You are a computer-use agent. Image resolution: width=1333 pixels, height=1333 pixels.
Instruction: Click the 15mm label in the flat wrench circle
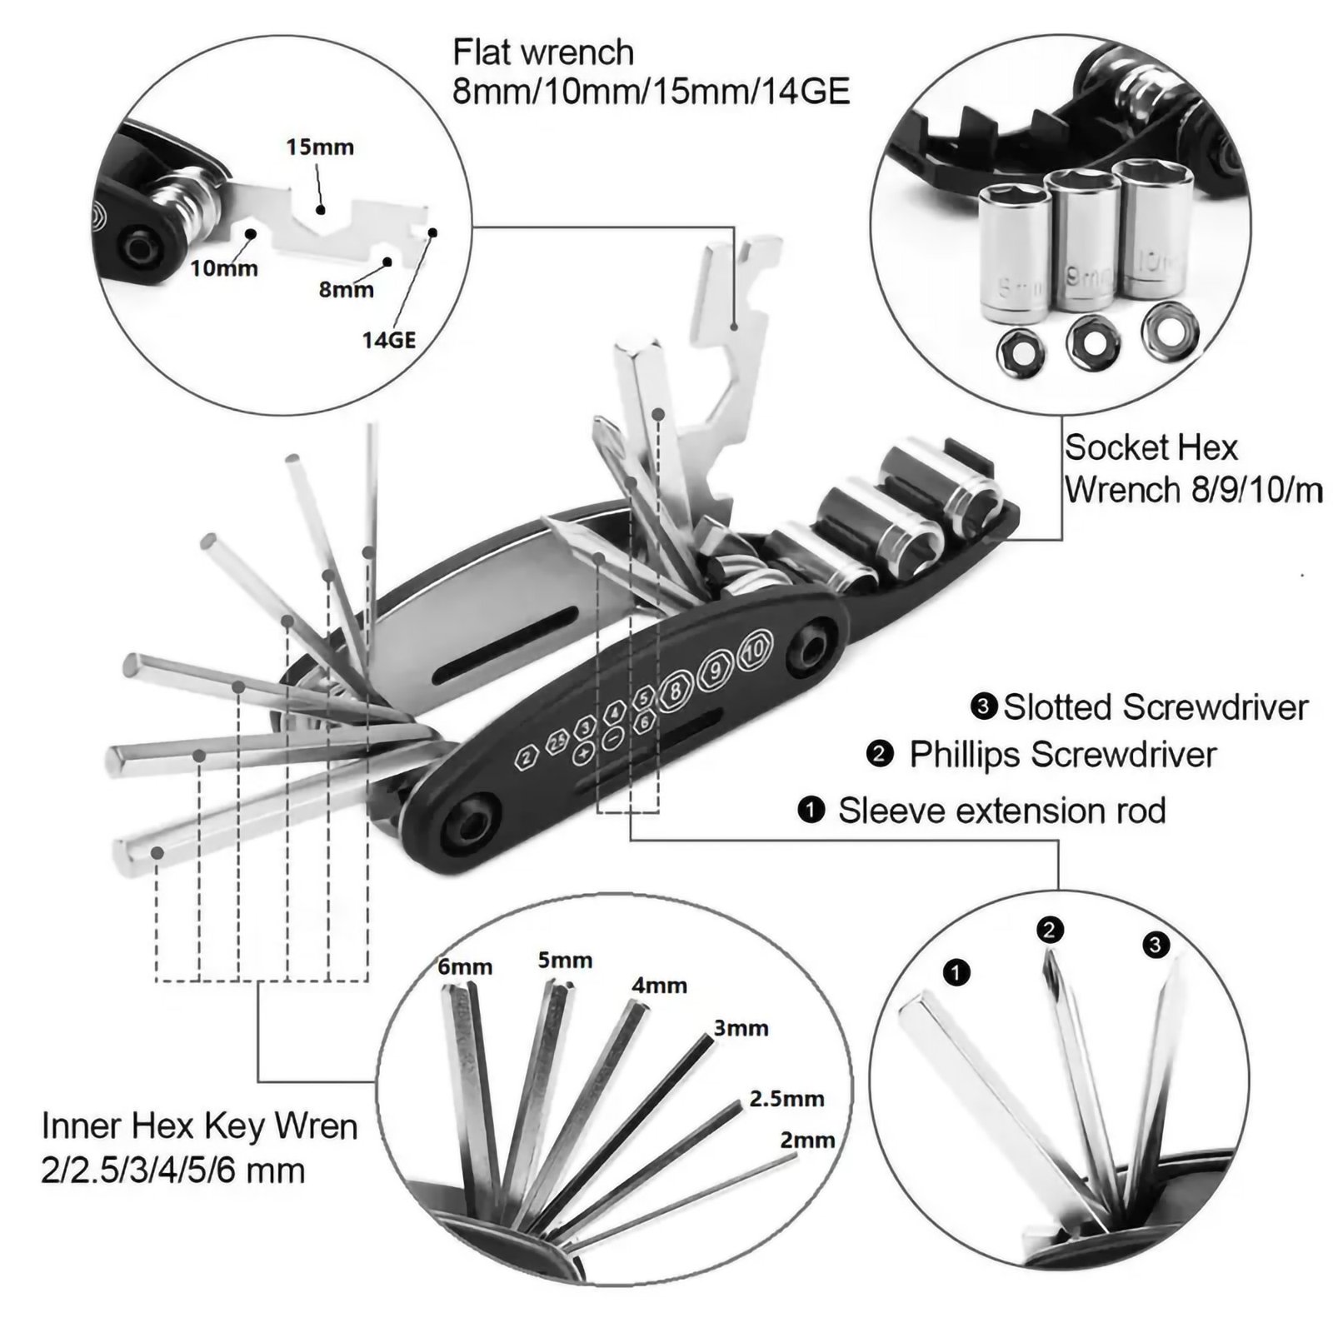[320, 147]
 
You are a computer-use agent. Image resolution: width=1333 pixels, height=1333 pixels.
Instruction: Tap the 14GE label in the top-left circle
[388, 340]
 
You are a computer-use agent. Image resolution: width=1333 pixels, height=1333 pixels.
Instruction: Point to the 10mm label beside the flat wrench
[223, 268]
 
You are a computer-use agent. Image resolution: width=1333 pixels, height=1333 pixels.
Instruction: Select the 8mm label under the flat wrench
[346, 290]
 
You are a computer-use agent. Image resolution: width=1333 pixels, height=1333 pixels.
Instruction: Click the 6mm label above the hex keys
[465, 967]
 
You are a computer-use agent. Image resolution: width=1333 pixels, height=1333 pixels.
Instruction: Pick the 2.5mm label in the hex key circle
[786, 1098]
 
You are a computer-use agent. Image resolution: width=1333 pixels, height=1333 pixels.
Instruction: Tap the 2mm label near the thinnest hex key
[806, 1140]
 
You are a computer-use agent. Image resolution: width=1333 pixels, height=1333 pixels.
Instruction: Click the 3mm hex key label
[741, 1028]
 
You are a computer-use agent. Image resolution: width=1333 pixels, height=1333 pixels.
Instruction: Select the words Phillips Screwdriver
[1062, 755]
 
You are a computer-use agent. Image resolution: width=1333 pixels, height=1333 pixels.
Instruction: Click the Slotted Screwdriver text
[1155, 707]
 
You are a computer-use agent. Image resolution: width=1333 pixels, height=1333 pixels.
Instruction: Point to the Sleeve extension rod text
[1001, 811]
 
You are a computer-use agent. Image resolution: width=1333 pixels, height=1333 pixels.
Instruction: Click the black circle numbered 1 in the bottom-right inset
[956, 971]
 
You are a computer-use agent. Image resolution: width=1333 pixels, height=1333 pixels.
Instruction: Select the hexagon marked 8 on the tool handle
[676, 689]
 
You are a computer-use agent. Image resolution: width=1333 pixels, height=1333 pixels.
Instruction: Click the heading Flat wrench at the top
[543, 52]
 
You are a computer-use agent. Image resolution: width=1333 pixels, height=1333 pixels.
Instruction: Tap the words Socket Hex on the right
[1151, 448]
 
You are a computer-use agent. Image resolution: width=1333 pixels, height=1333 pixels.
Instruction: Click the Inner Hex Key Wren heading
[200, 1126]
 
